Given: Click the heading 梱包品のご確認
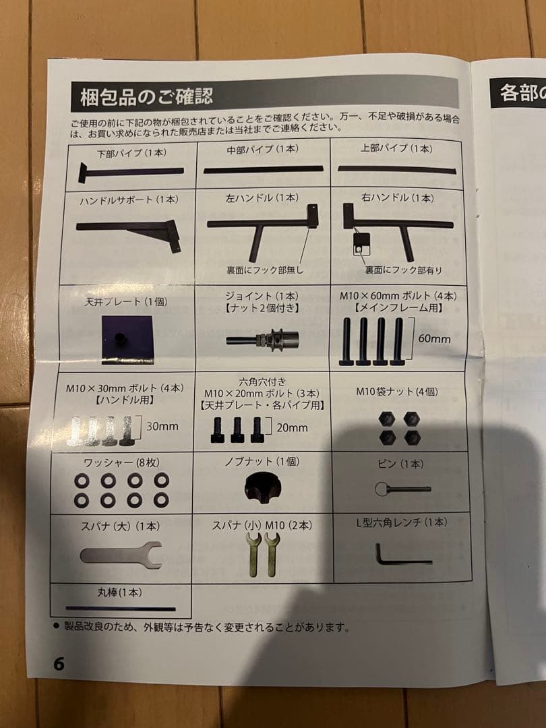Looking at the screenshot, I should pyautogui.click(x=147, y=96).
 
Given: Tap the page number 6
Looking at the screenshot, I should pyautogui.click(x=59, y=663).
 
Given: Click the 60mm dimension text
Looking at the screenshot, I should pyautogui.click(x=433, y=338).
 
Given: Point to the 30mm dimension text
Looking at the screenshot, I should pyautogui.click(x=162, y=426).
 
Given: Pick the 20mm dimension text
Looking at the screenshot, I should pyautogui.click(x=291, y=427).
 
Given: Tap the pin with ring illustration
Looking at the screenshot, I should pyautogui.click(x=402, y=488).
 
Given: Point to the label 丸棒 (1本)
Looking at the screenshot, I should pyautogui.click(x=121, y=593).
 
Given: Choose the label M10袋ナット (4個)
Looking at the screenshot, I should pyautogui.click(x=397, y=392).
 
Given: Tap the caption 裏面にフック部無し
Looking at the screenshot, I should pyautogui.click(x=266, y=270).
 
